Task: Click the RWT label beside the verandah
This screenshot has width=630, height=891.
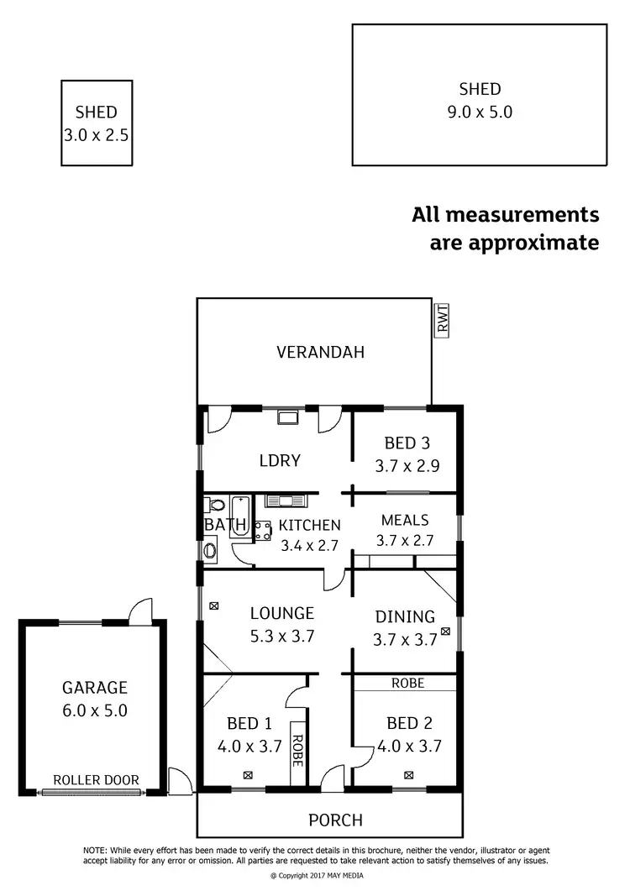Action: click(x=442, y=319)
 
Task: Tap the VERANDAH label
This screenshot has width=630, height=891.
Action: click(x=321, y=353)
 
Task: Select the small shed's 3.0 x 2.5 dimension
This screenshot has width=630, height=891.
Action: click(x=96, y=134)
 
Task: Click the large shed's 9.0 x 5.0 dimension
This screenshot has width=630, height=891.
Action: click(x=480, y=112)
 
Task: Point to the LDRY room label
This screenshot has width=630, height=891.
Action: click(x=280, y=460)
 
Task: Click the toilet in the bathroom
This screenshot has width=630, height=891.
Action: click(x=214, y=506)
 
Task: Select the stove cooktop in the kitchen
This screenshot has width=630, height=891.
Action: click(x=261, y=530)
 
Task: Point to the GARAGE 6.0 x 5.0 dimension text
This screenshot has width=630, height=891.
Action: click(x=93, y=710)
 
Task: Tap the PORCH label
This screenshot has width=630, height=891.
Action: click(x=336, y=820)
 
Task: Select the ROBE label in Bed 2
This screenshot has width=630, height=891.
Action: click(x=408, y=684)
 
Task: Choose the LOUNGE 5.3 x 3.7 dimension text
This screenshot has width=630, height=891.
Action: click(x=281, y=636)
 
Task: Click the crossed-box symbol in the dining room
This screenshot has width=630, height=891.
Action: click(x=445, y=631)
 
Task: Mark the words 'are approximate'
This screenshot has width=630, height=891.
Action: click(x=514, y=243)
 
